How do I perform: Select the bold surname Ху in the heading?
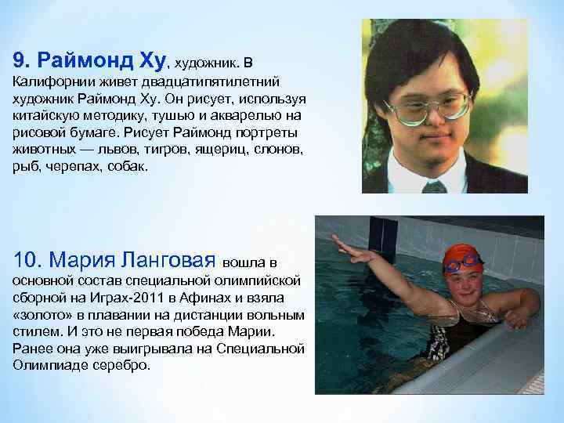point(153,60)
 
